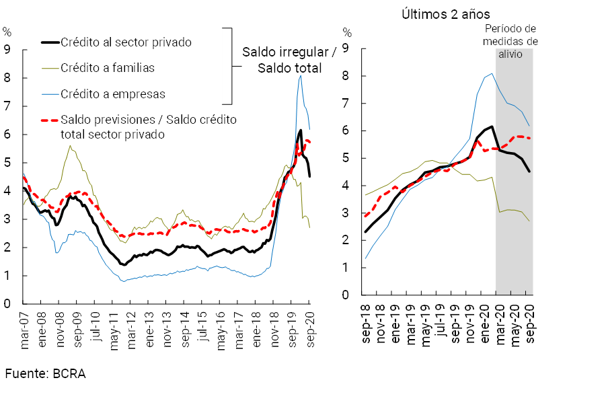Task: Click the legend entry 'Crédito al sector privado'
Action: coord(126,42)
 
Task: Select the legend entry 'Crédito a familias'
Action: coord(108,68)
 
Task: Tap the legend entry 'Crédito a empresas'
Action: coord(112,94)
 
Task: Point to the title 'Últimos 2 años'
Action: coord(446,14)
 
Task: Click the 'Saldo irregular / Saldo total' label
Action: coord(289,60)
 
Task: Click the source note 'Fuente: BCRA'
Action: coord(46,373)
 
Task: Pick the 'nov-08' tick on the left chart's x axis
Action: coord(61,330)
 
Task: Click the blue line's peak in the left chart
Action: coord(300,75)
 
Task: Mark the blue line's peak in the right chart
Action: coord(492,73)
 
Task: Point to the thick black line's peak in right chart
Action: coord(492,126)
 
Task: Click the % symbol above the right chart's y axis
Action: coord(347,32)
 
